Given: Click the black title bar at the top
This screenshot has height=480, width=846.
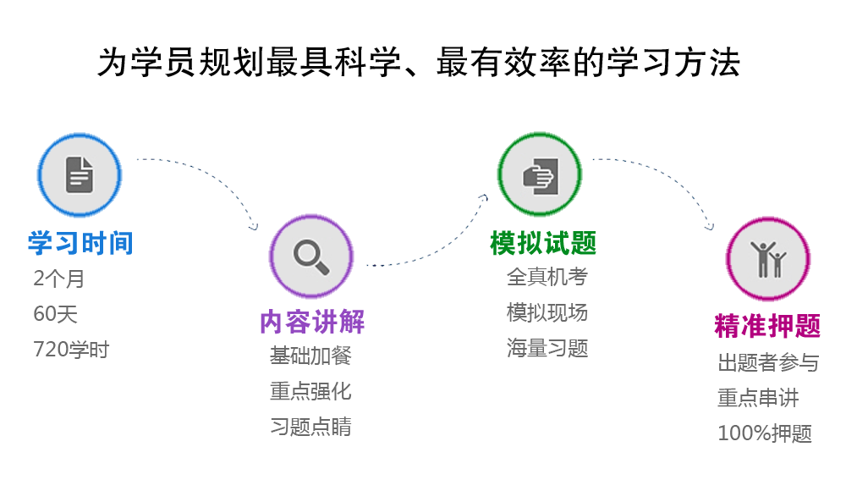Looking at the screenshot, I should (418, 62).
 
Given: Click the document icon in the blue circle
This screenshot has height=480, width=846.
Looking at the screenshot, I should (80, 174).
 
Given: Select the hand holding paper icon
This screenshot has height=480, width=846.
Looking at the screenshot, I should (540, 176).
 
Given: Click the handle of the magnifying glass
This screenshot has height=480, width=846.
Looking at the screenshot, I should (321, 267).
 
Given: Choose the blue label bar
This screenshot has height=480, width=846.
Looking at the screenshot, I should (80, 242).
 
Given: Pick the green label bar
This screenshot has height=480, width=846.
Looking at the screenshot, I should (542, 243).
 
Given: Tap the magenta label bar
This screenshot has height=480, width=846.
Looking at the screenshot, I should (766, 326).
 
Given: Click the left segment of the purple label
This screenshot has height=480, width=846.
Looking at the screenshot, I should (285, 323).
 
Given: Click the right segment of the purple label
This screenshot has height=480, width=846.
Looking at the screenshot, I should (338, 323).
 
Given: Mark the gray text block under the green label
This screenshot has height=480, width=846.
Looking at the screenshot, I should (547, 312).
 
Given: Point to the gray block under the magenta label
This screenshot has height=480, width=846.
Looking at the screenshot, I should (767, 397).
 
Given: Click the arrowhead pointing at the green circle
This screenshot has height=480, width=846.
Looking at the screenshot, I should (485, 198).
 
